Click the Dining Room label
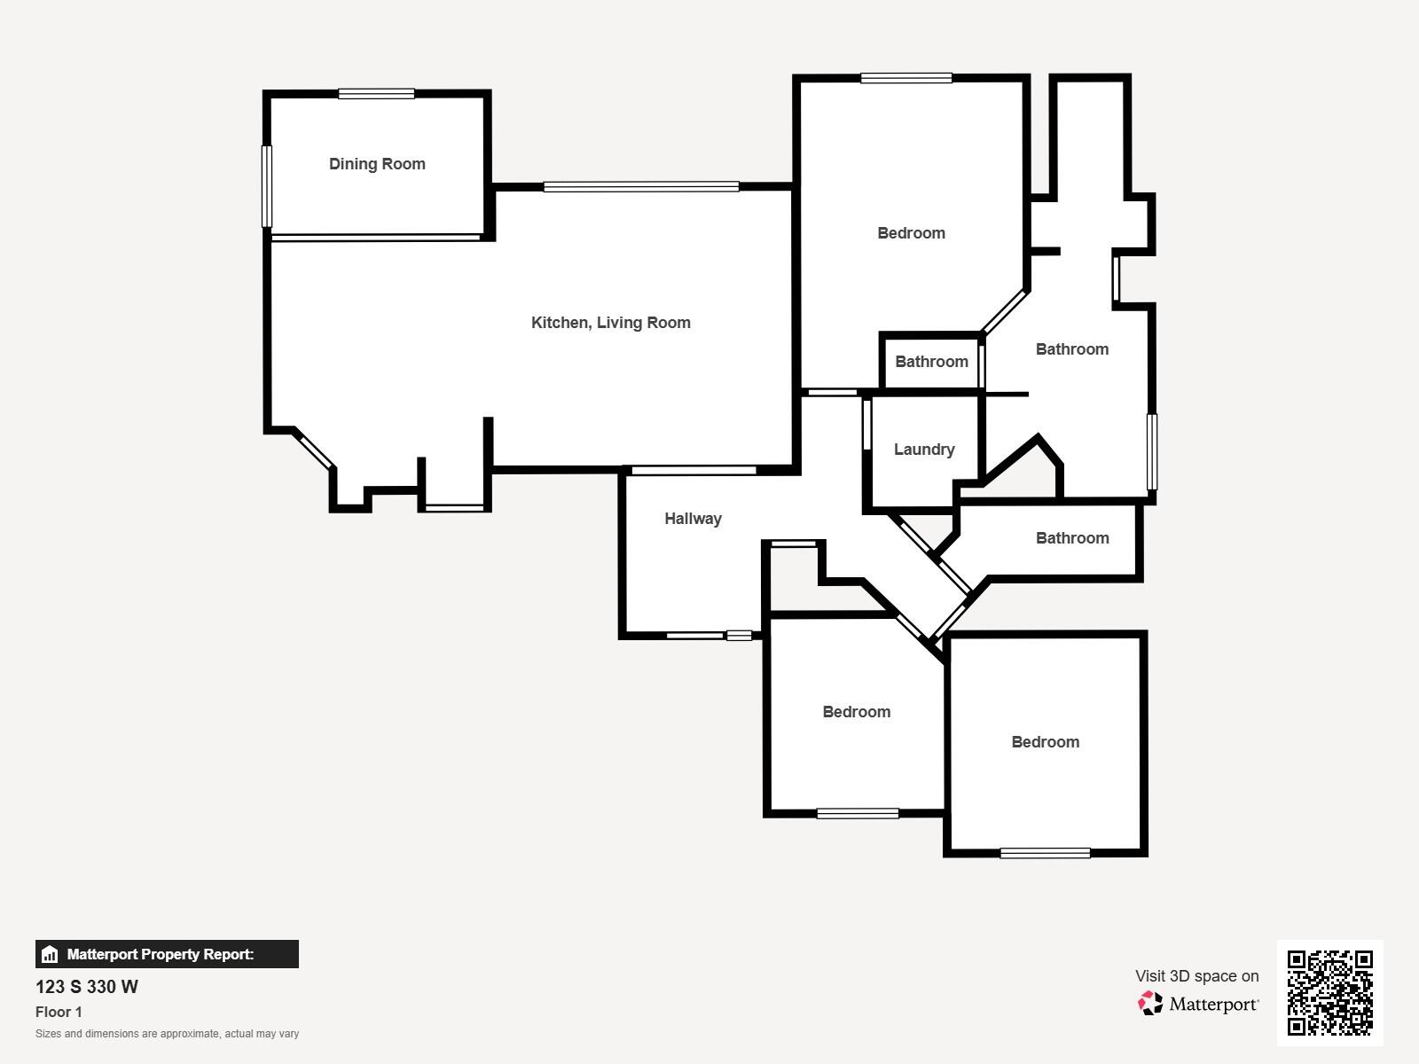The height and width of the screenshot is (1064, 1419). pos(377,164)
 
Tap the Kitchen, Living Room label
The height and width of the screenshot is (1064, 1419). pos(610,323)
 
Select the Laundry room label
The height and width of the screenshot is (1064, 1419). pos(924,450)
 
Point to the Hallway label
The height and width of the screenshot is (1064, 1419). pos(693,519)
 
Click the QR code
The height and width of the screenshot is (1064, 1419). pos(1329,992)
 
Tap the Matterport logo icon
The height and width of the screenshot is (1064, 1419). pos(1150,1003)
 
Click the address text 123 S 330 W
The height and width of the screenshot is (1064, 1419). pos(87,987)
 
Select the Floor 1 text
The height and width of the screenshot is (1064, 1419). pos(59,1012)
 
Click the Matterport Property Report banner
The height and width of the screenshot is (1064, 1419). pos(167,954)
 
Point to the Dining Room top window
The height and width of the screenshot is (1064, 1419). pos(376,94)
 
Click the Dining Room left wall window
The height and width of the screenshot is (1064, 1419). pos(267,186)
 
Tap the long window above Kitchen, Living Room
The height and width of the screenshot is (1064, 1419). pos(640,187)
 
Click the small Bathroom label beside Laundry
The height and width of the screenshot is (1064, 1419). pos(931,362)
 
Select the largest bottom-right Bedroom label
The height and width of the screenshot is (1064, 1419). pos(1045,742)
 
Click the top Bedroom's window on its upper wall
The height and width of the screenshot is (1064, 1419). pos(905,79)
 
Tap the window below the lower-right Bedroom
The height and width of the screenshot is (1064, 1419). pos(1045,853)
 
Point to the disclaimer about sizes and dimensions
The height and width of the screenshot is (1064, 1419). pos(167,1034)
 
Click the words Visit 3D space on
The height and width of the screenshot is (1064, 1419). pos(1196,976)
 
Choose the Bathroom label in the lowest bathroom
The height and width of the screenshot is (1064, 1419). pos(1072,538)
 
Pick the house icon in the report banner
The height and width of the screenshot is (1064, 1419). pos(50,955)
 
